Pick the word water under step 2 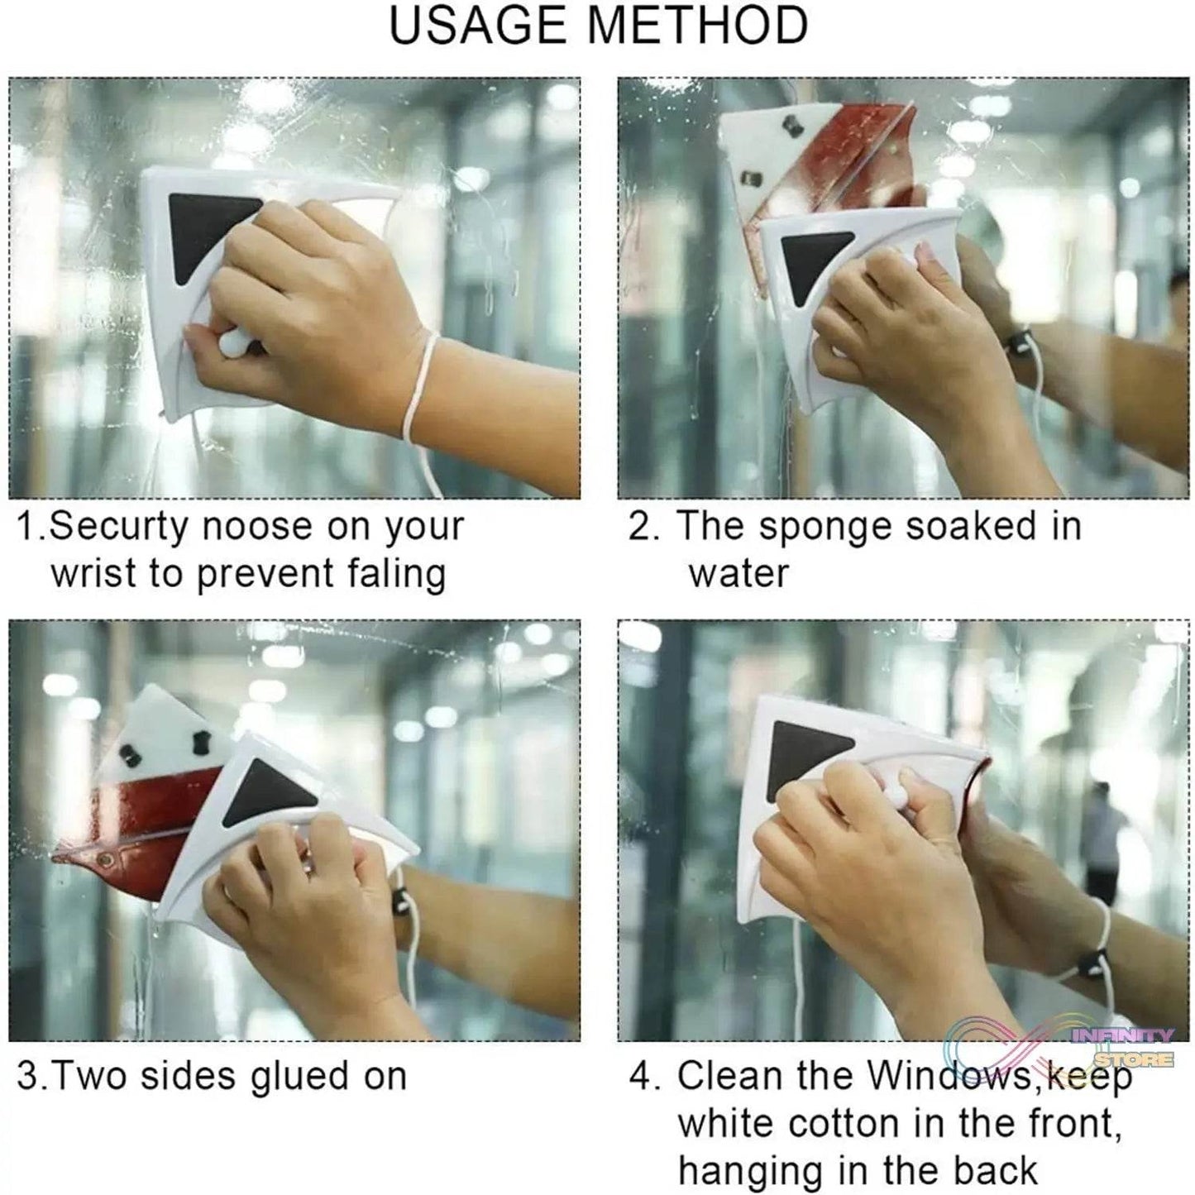(739, 574)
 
